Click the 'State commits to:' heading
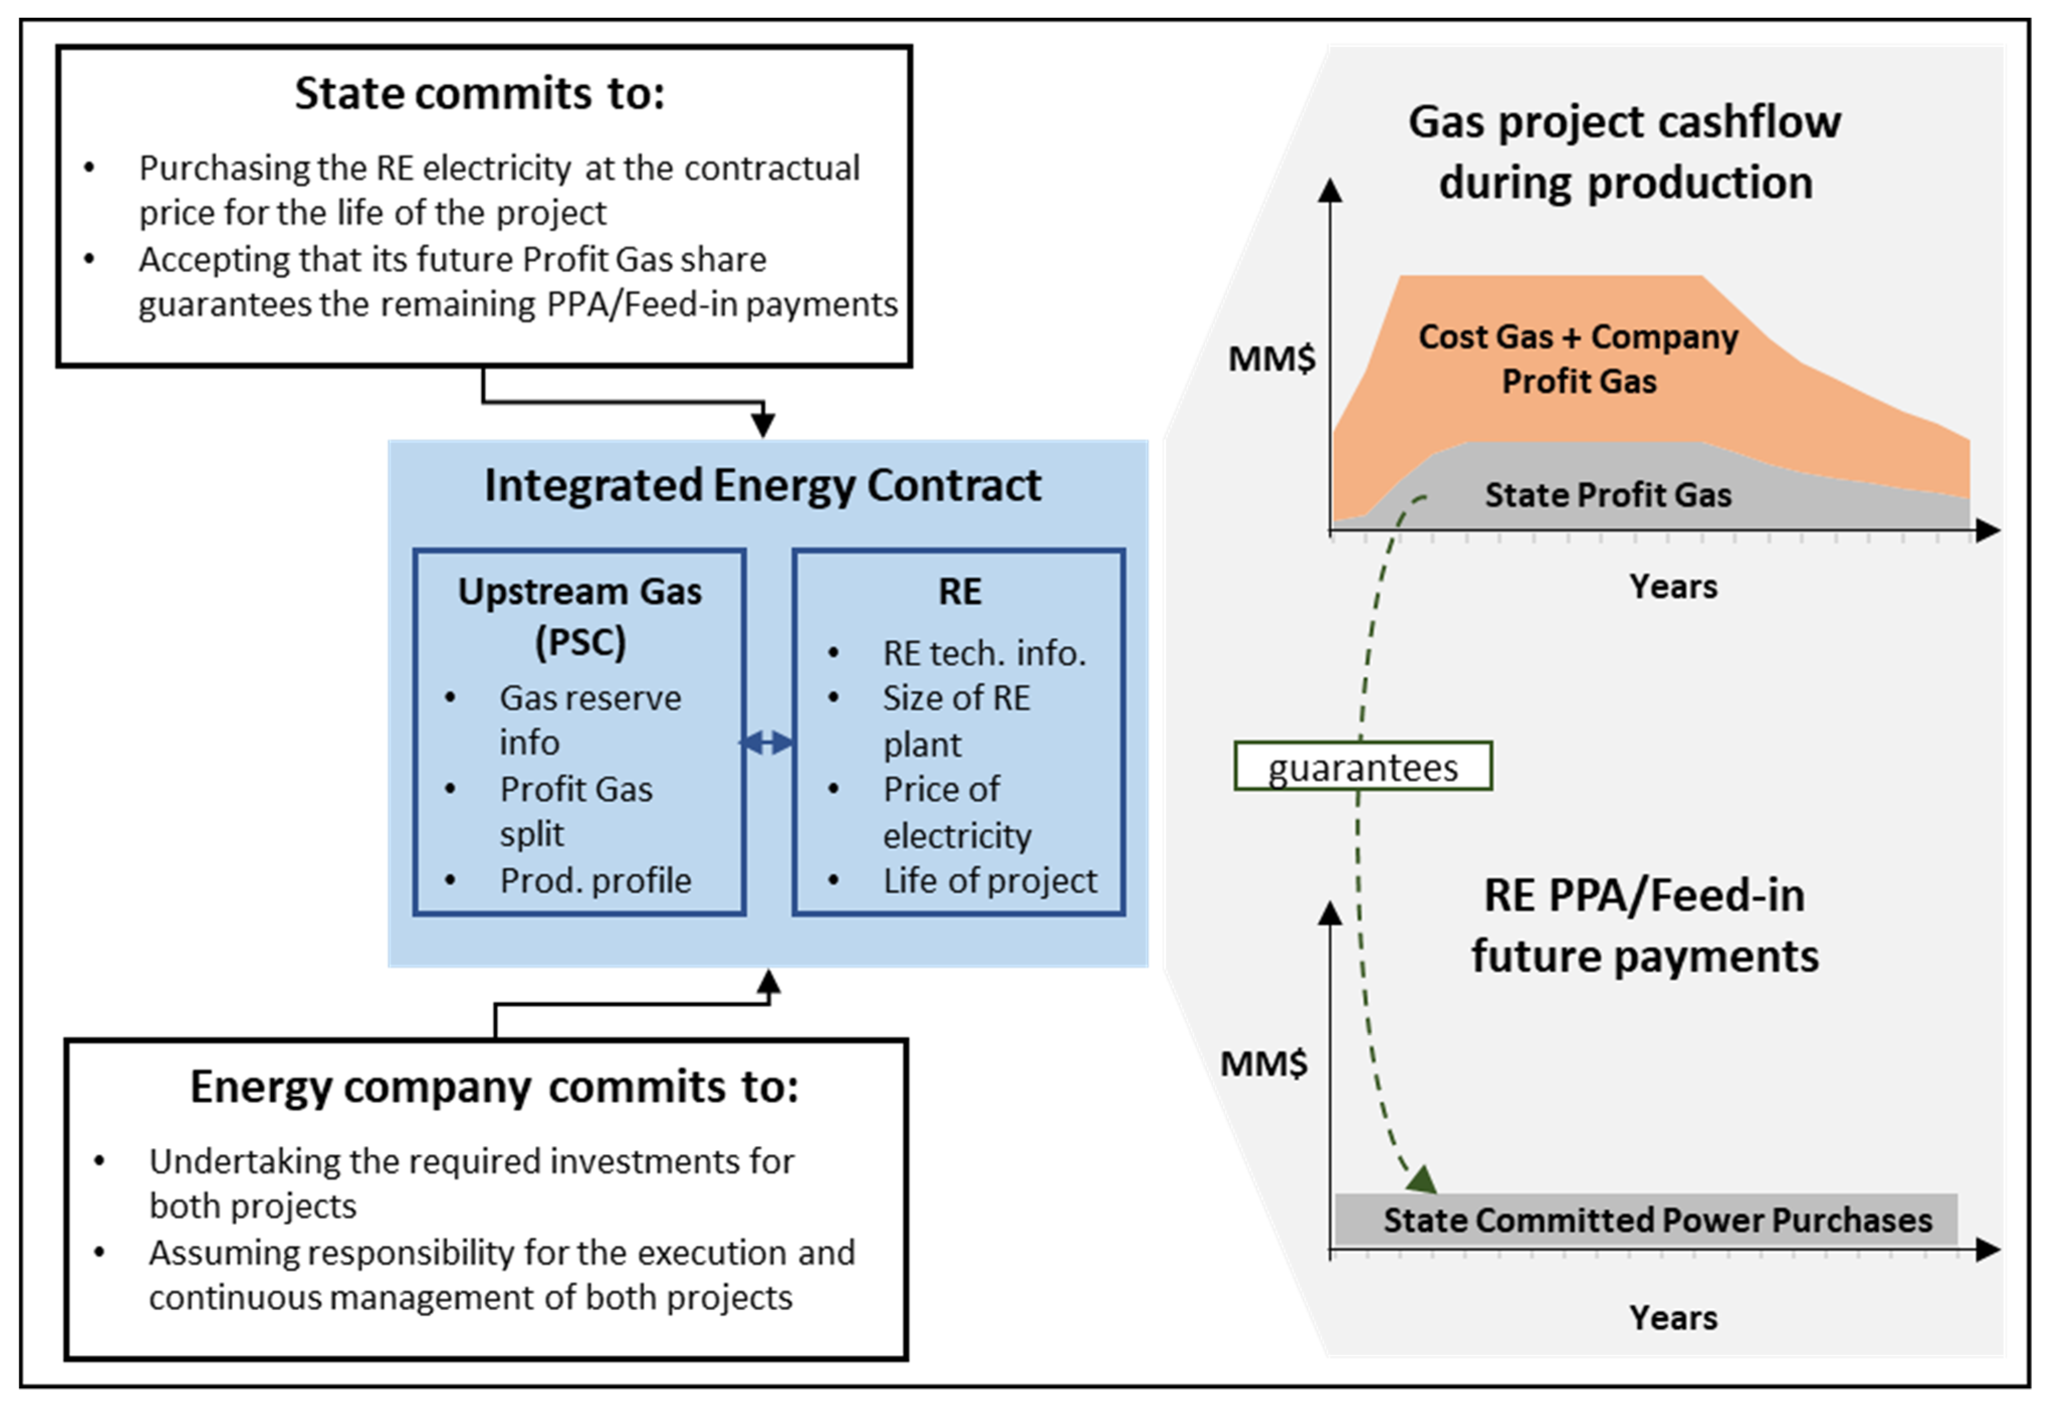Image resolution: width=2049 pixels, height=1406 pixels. tap(480, 93)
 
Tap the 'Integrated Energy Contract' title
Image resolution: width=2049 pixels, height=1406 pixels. tap(763, 485)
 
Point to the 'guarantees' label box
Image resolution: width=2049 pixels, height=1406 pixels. tap(1362, 766)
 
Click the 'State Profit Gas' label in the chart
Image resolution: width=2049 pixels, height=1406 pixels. tap(1607, 495)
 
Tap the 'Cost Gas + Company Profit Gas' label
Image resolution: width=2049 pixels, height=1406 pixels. tap(1578, 358)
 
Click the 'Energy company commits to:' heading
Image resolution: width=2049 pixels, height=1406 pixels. tap(494, 1087)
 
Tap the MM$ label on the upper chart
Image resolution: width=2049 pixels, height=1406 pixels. tap(1272, 359)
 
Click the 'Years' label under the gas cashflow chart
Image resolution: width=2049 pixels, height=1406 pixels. tap(1672, 586)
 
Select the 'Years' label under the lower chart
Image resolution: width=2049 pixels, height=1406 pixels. tap(1672, 1318)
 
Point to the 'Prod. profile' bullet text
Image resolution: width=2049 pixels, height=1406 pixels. tap(595, 880)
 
